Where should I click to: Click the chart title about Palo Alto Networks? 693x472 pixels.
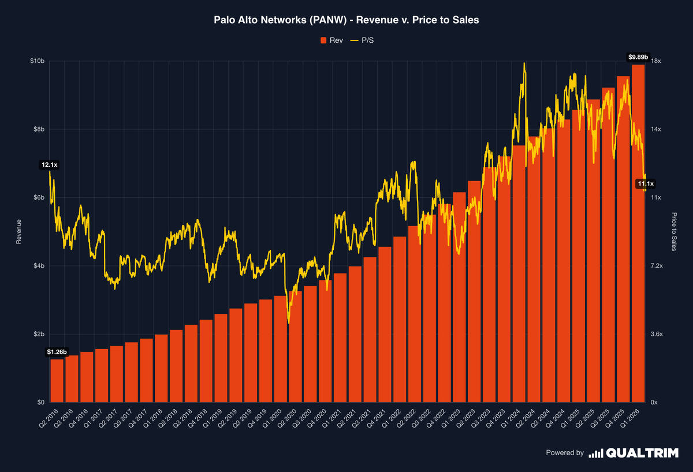346,20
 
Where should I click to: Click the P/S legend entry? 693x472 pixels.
364,40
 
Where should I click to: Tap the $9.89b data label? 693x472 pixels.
638,57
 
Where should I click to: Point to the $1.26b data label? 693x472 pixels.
57,351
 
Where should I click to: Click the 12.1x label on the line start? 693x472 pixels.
49,165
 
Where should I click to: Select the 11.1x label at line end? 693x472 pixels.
645,183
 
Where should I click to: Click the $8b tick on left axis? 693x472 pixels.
38,129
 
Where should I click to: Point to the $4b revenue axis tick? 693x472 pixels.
38,266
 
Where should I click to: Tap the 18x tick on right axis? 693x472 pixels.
656,61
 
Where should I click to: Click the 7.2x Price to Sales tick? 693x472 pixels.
658,266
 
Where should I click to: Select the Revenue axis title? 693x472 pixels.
18,231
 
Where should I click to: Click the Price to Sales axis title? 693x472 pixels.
673,231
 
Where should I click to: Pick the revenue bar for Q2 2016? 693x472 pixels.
57,381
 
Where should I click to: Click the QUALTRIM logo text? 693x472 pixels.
642,453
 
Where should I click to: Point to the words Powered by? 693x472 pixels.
565,453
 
